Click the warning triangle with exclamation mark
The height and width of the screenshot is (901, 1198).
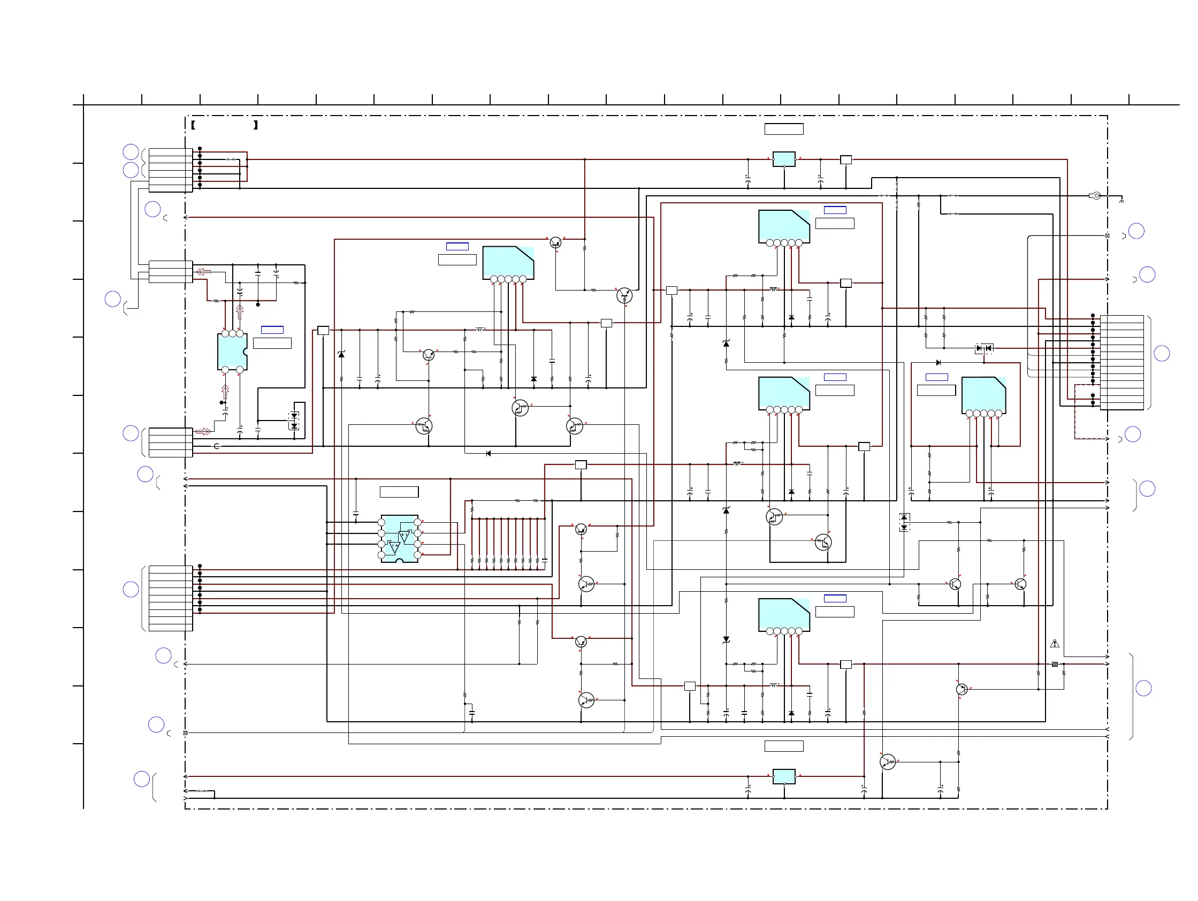pyautogui.click(x=1054, y=644)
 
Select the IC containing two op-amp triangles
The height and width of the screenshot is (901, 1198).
pyautogui.click(x=399, y=538)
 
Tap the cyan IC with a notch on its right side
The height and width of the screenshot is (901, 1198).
pyautogui.click(x=232, y=352)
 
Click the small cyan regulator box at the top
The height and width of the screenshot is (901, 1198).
pyautogui.click(x=784, y=159)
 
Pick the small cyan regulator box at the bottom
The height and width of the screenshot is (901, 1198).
pyautogui.click(x=784, y=776)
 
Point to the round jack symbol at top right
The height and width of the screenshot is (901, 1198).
pyautogui.click(x=1095, y=195)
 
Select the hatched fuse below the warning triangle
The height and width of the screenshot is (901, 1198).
pyautogui.click(x=1055, y=664)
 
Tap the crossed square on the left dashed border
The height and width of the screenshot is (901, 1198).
pyautogui.click(x=185, y=732)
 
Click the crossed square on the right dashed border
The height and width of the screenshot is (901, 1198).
pyautogui.click(x=1107, y=235)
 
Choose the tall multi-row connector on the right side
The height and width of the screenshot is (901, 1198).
pyautogui.click(x=1121, y=362)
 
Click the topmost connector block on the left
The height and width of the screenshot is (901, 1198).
pyautogui.click(x=171, y=170)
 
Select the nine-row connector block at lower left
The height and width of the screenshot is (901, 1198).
pyautogui.click(x=171, y=598)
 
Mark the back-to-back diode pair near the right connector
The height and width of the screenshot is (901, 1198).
pyautogui.click(x=983, y=348)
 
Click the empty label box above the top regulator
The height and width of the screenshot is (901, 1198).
pyautogui.click(x=784, y=129)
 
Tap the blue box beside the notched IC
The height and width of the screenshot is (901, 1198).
pyautogui.click(x=272, y=330)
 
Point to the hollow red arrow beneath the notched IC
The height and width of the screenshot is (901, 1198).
pyautogui.click(x=225, y=391)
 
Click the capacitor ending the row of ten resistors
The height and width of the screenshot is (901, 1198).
pyautogui.click(x=544, y=561)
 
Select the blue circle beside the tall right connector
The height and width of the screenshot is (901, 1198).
pyautogui.click(x=1162, y=354)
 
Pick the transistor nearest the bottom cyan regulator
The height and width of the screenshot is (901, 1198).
pyautogui.click(x=888, y=762)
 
